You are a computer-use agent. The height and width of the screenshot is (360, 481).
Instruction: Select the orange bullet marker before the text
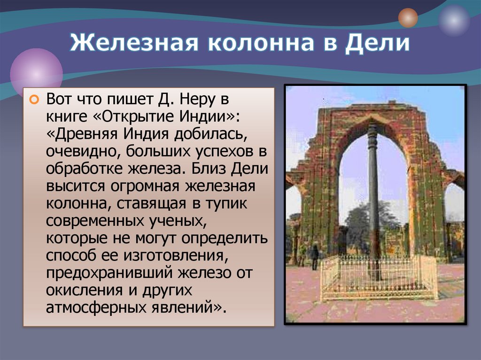(33, 100)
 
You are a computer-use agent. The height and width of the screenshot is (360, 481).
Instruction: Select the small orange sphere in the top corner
(408, 18)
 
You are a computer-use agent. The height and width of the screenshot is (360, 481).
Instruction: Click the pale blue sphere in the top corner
(454, 21)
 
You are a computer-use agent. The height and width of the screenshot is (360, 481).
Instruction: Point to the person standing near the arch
(315, 256)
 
